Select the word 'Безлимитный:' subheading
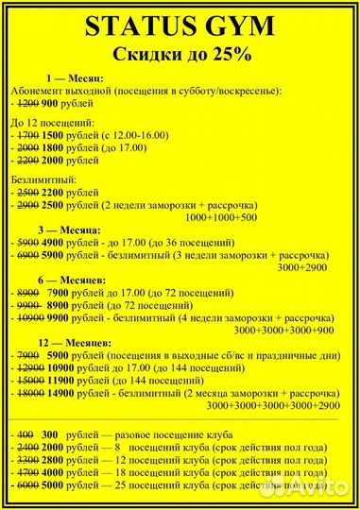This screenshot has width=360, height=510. click(43, 178)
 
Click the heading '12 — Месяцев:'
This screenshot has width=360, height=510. click(76, 344)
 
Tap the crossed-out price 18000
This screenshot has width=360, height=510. click(29, 392)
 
